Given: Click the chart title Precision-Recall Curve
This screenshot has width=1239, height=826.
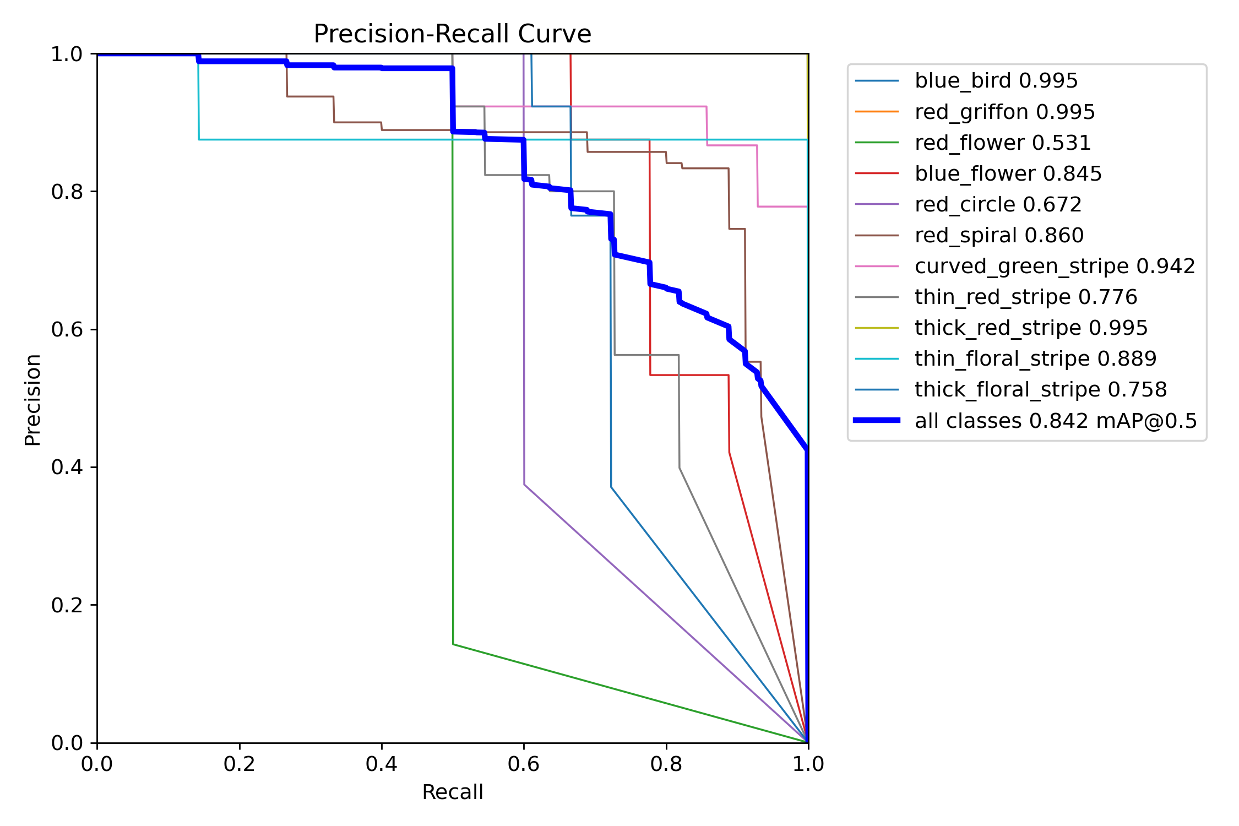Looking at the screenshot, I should point(452,34).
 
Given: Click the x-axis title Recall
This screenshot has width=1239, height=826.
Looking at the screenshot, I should point(452,792).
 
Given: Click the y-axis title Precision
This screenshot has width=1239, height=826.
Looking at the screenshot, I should point(33,399).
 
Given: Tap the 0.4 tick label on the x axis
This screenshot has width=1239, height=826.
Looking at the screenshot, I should point(381,764).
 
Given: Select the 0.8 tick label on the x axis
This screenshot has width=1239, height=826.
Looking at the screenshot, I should point(666,764).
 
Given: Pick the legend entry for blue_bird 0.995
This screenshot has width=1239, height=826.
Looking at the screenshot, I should point(996,81).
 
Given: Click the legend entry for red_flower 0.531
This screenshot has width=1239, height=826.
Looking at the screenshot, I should point(1002,143).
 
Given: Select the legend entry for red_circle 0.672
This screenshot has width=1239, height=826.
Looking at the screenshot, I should point(998,204).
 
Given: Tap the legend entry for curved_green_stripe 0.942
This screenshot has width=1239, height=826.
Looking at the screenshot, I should point(1055,266).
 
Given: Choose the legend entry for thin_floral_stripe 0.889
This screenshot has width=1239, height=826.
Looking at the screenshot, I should point(1035,358).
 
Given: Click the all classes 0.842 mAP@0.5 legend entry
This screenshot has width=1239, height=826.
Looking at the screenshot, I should point(1056,421).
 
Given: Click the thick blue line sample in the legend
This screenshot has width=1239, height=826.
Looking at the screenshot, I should point(877,420).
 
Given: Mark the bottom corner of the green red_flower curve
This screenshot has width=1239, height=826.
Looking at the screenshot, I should point(453,644).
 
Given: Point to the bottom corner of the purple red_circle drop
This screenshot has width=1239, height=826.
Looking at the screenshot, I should point(524,485).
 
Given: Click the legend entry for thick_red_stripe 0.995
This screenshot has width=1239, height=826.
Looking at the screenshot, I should point(1031,328).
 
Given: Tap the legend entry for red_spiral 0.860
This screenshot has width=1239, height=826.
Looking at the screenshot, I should point(999,235).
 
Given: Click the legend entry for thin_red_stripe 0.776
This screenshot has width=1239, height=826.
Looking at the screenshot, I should point(1025,297).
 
